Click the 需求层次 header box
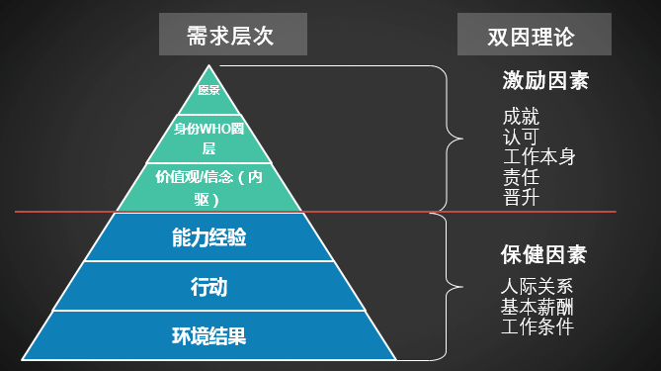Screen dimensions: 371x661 (x=232, y=37)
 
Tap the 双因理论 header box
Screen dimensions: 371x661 (x=533, y=37)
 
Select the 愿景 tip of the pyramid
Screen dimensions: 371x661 (x=208, y=89)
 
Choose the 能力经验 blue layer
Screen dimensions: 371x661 (x=208, y=237)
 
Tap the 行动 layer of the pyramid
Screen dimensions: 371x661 (x=208, y=287)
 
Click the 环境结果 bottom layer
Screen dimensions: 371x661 (x=208, y=335)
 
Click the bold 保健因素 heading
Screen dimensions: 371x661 (x=544, y=254)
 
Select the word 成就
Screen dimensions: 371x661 (x=521, y=117)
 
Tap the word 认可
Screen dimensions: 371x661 (x=521, y=137)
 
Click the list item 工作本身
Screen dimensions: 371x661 (x=538, y=156)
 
